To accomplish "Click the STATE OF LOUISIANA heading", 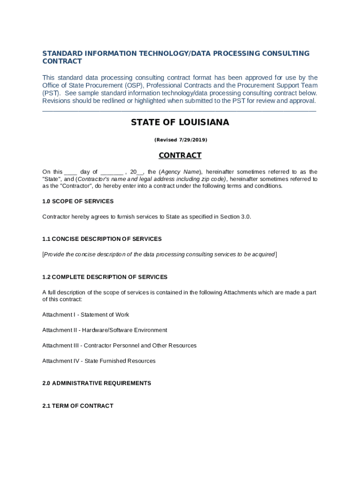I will pos(180,123).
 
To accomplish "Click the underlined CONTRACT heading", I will pos(180,155).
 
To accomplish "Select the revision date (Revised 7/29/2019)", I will pos(180,140).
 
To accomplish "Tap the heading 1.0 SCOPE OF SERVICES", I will pos(78,201).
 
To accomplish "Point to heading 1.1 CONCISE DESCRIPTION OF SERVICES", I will pos(102,239).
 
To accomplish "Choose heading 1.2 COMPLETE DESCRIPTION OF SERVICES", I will pos(105,277).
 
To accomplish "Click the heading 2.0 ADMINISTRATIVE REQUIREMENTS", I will pos(97,383).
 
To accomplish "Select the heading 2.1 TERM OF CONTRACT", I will pos(78,406).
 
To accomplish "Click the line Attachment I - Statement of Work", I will pos(86,315).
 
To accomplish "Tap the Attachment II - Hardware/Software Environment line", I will pos(105,330).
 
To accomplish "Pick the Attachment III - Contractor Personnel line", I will pos(119,346).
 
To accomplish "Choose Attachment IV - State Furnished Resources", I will pos(99,361).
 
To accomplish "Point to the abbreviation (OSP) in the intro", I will pos(134,86).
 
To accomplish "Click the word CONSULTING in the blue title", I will pos(286,53).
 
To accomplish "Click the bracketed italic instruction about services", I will pos(159,254).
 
